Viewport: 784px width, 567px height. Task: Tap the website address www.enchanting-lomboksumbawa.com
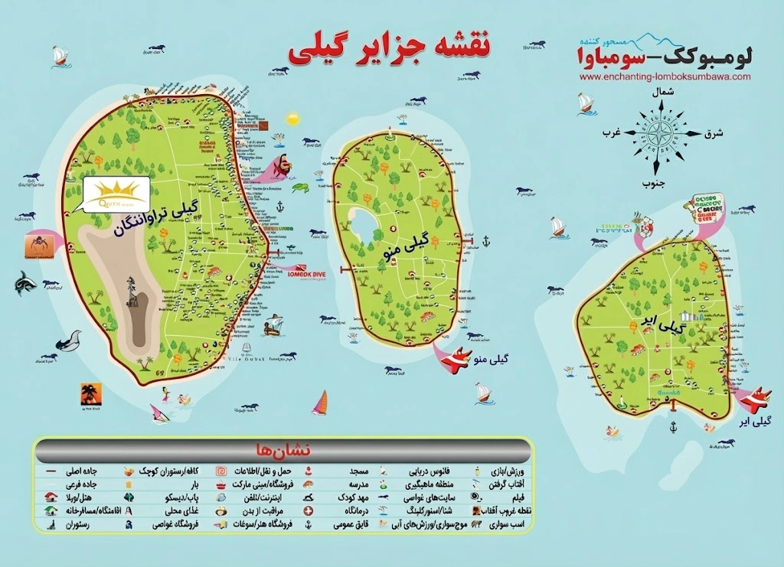(665, 77)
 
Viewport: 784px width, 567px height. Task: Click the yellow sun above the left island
(293, 119)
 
